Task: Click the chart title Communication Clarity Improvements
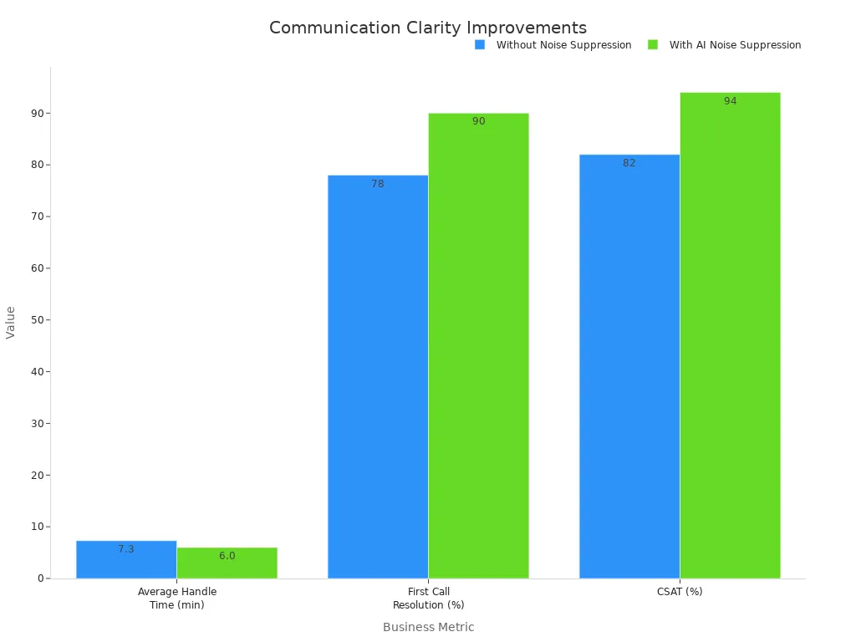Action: [x=428, y=28]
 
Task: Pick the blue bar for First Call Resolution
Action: [x=378, y=376]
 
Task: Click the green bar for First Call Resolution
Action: [x=478, y=351]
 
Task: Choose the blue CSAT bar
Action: [x=629, y=368]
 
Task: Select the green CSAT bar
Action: [x=730, y=334]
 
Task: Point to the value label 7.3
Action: [x=126, y=549]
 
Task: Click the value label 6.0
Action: [x=227, y=556]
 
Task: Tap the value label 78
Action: [x=378, y=184]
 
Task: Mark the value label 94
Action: [x=731, y=101]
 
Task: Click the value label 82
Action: [x=629, y=163]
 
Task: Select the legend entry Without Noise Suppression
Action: [x=563, y=45]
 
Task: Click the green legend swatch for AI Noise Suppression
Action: [x=653, y=45]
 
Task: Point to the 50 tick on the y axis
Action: [x=38, y=320]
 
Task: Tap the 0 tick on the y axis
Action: [x=40, y=578]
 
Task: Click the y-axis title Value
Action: [x=11, y=322]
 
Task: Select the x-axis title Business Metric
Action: [x=428, y=627]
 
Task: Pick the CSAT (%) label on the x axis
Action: [x=680, y=592]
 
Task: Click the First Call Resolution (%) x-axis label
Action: [x=428, y=599]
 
